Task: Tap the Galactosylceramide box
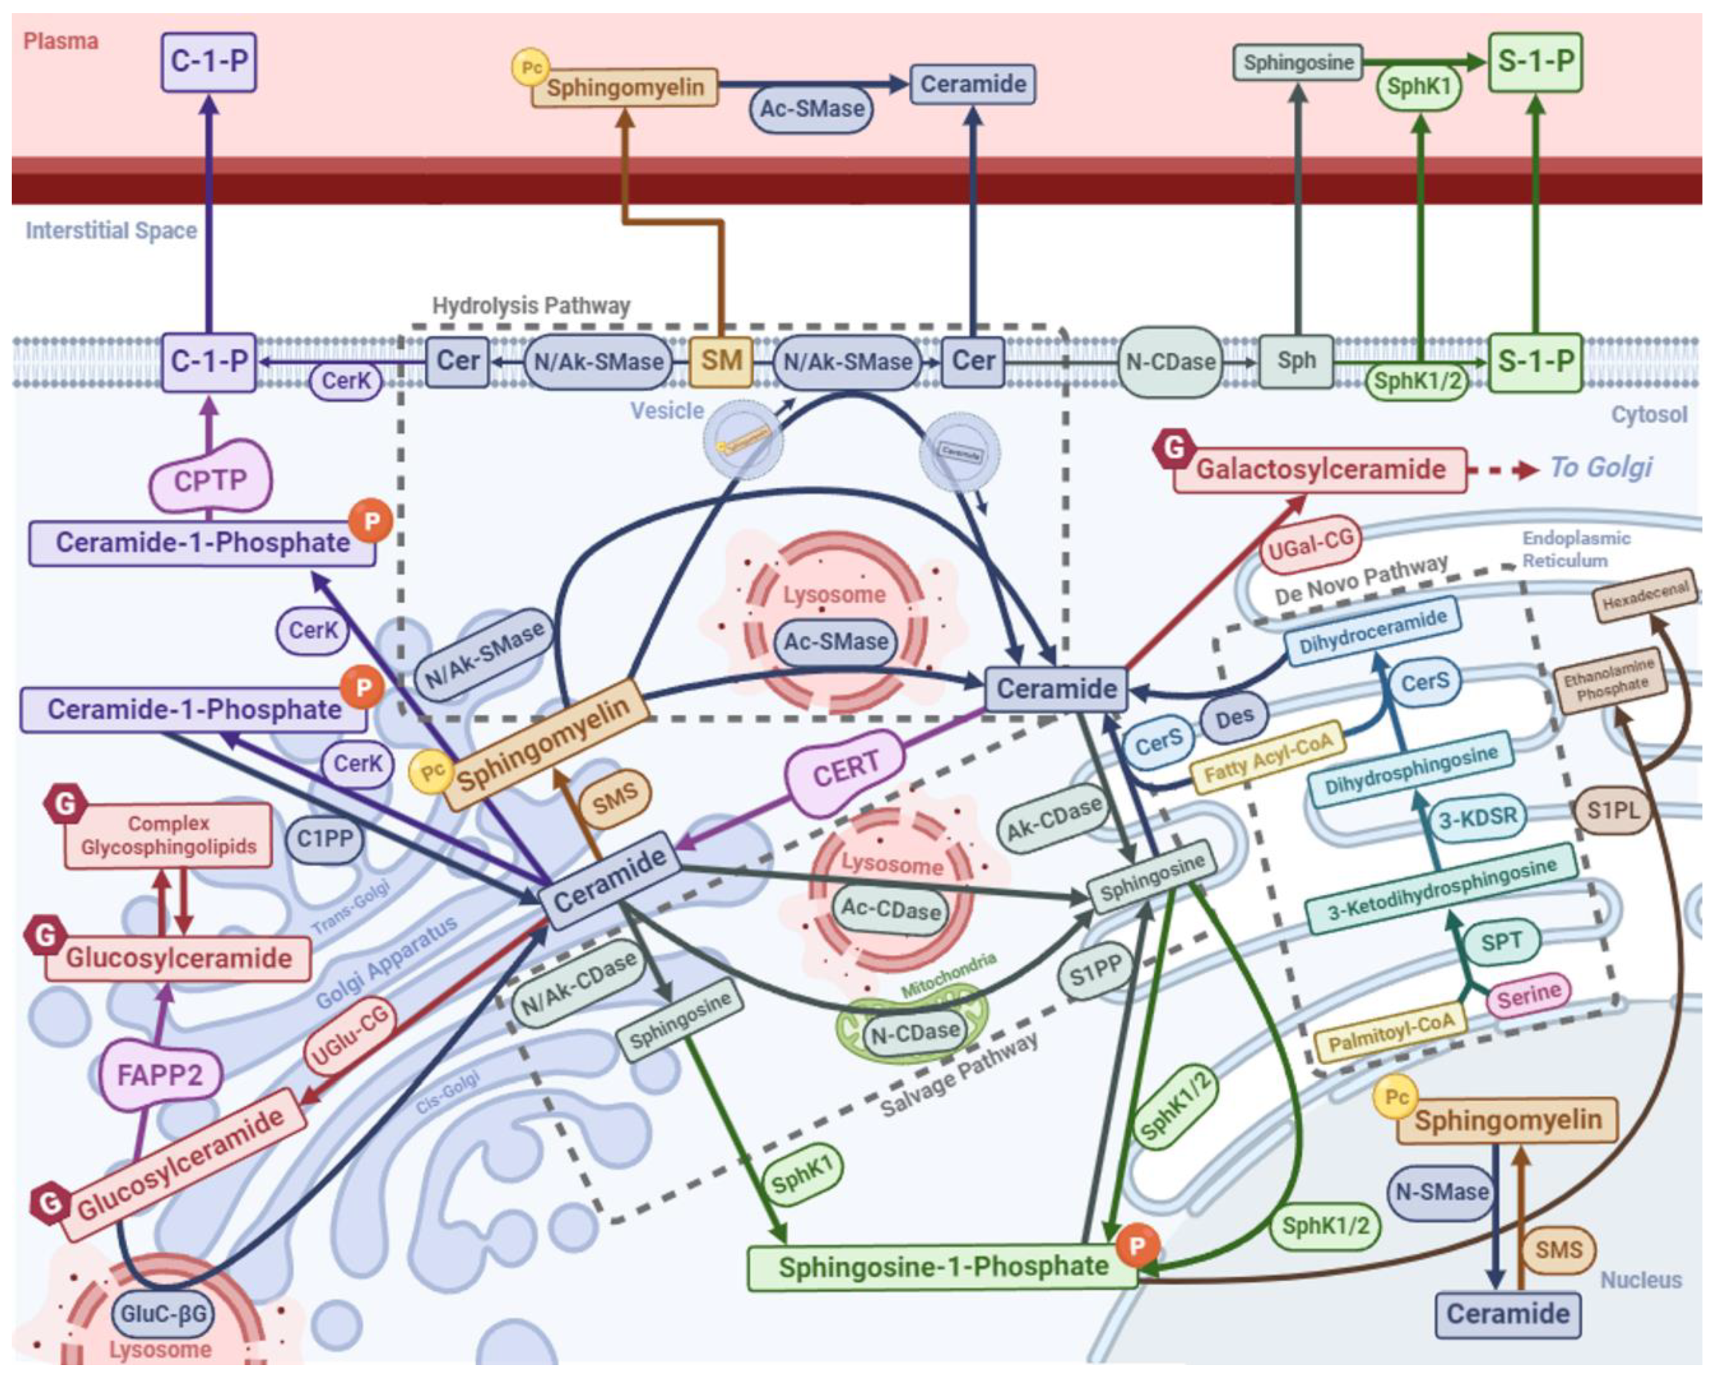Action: pyautogui.click(x=1319, y=469)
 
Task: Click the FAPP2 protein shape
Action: pyautogui.click(x=160, y=1075)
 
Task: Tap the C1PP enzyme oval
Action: pyautogui.click(x=324, y=839)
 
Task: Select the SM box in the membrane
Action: pyautogui.click(x=721, y=361)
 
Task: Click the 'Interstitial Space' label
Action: pyautogui.click(x=111, y=230)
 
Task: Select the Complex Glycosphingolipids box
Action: pyautogui.click(x=168, y=835)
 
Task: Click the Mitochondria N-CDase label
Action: pyautogui.click(x=914, y=1032)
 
